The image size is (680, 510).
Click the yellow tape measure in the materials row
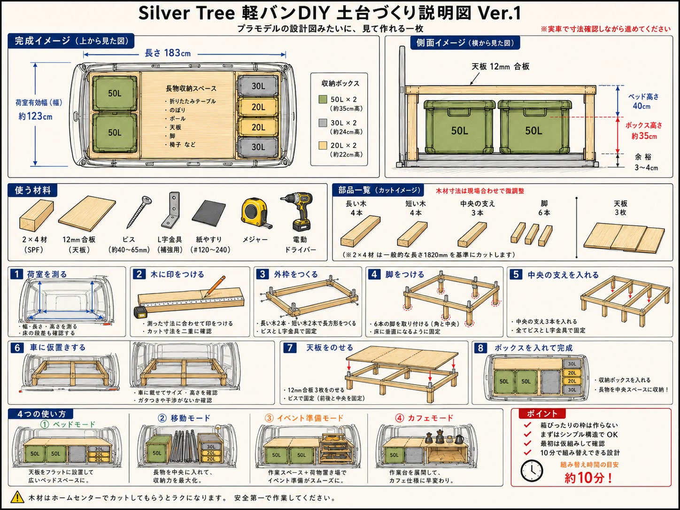[255, 213]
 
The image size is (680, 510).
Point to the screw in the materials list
[139, 212]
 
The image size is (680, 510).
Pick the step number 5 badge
[516, 274]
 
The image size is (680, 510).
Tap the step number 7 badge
[290, 348]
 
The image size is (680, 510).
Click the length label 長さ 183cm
[168, 53]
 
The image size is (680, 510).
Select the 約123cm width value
[35, 116]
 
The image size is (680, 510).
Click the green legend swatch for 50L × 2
[323, 100]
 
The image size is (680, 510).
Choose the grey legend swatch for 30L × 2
[323, 123]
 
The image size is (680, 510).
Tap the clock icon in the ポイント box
[532, 471]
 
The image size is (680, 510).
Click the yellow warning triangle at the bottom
[18, 497]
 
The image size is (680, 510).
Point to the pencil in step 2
[214, 286]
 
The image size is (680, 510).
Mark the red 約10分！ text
[588, 478]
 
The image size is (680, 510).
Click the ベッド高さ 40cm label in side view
[643, 101]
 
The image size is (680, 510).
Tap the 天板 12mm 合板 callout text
[500, 66]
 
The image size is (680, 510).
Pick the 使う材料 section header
[33, 190]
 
